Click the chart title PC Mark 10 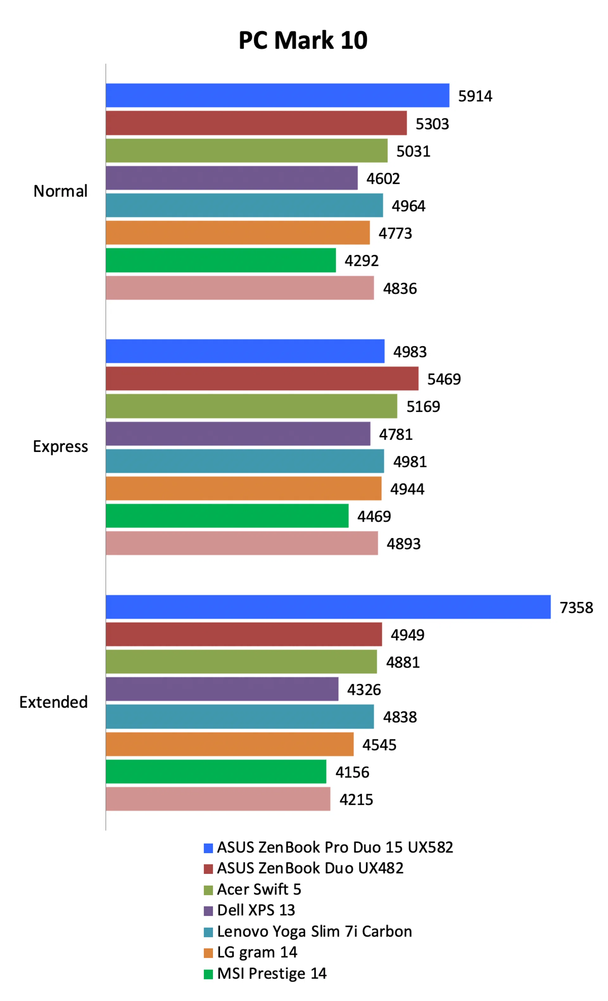coord(303,41)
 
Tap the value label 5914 coord(475,96)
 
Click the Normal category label coord(60,191)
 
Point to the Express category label coord(60,446)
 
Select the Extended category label coord(53,702)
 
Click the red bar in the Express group coord(262,379)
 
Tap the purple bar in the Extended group coord(222,689)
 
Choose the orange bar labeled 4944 coord(244,488)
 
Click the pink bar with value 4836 coord(239,288)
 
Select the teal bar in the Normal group coord(244,205)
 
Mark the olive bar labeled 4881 coord(241,661)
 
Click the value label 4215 coord(356,799)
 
